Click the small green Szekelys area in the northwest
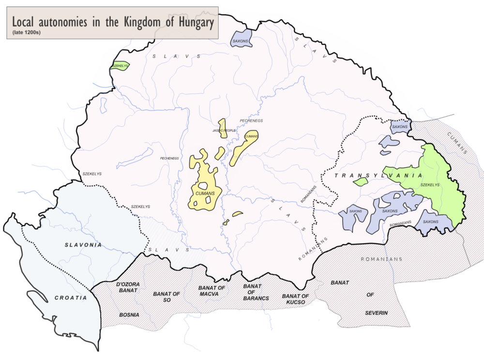click(x=119, y=66)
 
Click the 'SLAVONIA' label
click(x=83, y=245)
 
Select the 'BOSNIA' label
click(x=129, y=315)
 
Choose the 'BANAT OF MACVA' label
click(x=212, y=291)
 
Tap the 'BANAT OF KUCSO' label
click(x=295, y=299)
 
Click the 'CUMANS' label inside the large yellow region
click(x=205, y=194)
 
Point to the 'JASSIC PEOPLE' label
click(x=224, y=131)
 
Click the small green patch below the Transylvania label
click(x=360, y=182)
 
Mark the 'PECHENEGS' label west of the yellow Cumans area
click(x=169, y=158)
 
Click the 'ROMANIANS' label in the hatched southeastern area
click(x=381, y=259)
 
